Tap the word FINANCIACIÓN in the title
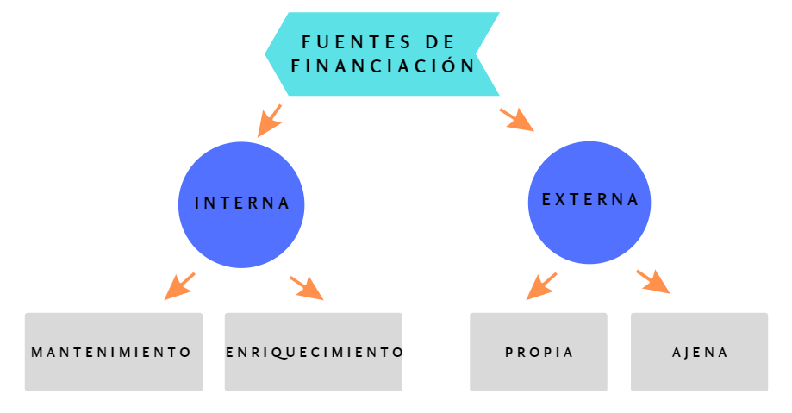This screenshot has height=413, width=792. [384, 66]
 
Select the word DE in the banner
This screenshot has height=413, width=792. [440, 41]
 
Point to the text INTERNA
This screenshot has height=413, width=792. [241, 203]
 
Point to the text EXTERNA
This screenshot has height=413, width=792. [590, 200]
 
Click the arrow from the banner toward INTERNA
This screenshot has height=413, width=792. [270, 121]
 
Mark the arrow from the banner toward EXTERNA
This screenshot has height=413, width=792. [517, 119]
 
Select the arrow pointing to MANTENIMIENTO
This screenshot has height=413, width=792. [179, 286]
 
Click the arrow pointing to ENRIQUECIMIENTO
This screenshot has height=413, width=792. [307, 288]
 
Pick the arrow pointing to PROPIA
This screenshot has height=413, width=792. [541, 286]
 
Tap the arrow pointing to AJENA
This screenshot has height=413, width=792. [653, 281]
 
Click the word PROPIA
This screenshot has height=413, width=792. [539, 353]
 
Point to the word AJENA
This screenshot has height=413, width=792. [700, 353]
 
